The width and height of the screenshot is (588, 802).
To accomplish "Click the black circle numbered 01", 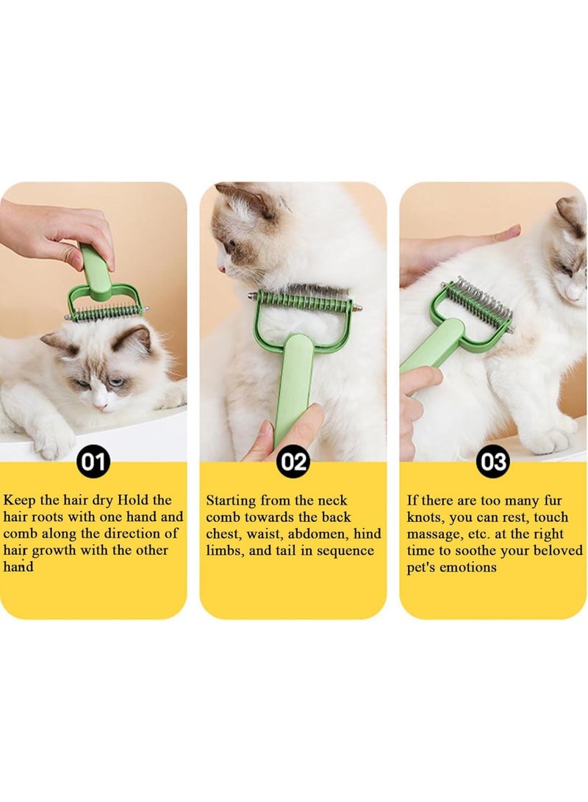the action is point(93,462).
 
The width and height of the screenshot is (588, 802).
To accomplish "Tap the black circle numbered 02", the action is point(293,462).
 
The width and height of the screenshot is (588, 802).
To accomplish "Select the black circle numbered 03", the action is point(493,462).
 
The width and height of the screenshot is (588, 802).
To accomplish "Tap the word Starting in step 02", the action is point(231,501).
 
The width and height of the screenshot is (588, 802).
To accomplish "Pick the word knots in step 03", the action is point(426,518).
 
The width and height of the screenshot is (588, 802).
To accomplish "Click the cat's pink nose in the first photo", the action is point(101,407).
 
